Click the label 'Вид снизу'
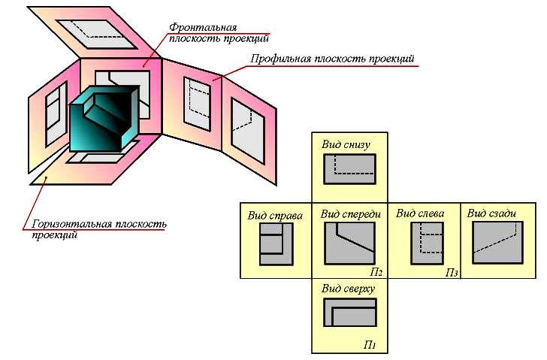(x=346, y=145)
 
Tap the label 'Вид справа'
(x=275, y=216)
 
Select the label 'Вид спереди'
(x=351, y=214)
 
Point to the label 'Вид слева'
(x=420, y=213)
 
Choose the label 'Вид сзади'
(x=491, y=213)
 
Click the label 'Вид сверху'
(x=348, y=289)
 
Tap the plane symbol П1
(x=370, y=345)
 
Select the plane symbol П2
(x=376, y=272)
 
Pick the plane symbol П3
(x=452, y=272)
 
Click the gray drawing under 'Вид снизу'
(x=350, y=169)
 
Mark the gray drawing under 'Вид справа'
(x=277, y=244)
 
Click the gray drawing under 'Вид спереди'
(x=350, y=244)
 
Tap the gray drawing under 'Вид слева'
(x=428, y=244)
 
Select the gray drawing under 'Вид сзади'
(x=497, y=243)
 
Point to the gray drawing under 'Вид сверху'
(x=350, y=312)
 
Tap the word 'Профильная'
(x=280, y=59)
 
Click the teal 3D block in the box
(x=104, y=119)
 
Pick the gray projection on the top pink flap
(x=97, y=34)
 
